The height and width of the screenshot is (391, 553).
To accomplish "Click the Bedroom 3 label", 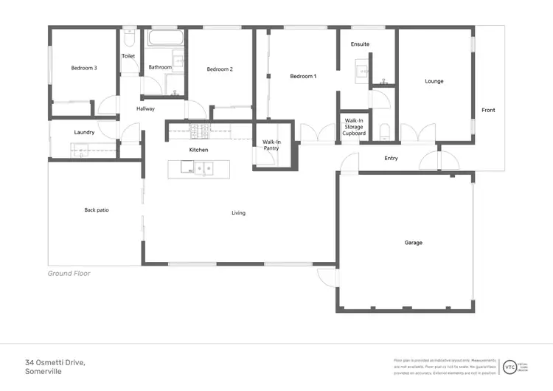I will (x=83, y=68).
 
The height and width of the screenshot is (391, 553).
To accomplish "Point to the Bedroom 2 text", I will (x=220, y=69).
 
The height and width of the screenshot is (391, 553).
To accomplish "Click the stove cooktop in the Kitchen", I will (x=199, y=131).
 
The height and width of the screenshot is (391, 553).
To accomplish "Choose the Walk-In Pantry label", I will (x=271, y=145).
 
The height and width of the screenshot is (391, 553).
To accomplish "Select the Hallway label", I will (x=145, y=108).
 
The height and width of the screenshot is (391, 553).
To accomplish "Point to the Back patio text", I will (x=97, y=210).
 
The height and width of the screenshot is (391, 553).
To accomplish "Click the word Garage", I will (x=413, y=242).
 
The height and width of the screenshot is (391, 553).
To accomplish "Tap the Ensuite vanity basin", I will (x=361, y=71).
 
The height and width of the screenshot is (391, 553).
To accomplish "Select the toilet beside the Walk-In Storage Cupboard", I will (x=384, y=133).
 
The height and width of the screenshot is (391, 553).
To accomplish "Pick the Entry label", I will (x=391, y=158).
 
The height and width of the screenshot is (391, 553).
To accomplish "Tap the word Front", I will (x=488, y=110).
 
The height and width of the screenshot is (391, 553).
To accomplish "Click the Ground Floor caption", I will (x=69, y=273).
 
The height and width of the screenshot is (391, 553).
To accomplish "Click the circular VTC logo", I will (x=509, y=367).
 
